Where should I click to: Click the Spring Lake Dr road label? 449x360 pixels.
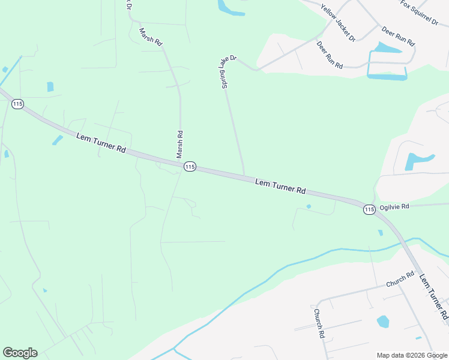click(x=229, y=73)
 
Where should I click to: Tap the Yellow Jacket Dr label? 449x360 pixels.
click(x=338, y=23)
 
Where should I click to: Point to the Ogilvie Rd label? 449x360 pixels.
click(x=394, y=206)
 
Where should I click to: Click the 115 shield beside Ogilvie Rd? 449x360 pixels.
click(x=369, y=209)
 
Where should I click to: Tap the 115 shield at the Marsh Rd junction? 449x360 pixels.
click(x=190, y=166)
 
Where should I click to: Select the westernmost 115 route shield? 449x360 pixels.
click(x=17, y=104)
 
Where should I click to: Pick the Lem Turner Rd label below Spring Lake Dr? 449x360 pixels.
click(x=280, y=185)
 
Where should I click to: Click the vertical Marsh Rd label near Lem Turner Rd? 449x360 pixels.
click(x=179, y=145)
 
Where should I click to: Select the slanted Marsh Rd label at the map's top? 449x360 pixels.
click(x=151, y=37)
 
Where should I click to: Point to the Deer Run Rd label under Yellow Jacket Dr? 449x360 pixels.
click(x=329, y=55)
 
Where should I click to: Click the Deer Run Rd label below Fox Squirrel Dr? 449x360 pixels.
click(x=398, y=37)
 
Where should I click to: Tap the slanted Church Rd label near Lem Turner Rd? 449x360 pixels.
click(x=400, y=279)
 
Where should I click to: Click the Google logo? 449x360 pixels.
click(x=20, y=353)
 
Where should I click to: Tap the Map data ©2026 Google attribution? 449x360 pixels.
click(x=412, y=355)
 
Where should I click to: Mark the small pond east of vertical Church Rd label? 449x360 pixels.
click(x=383, y=322)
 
